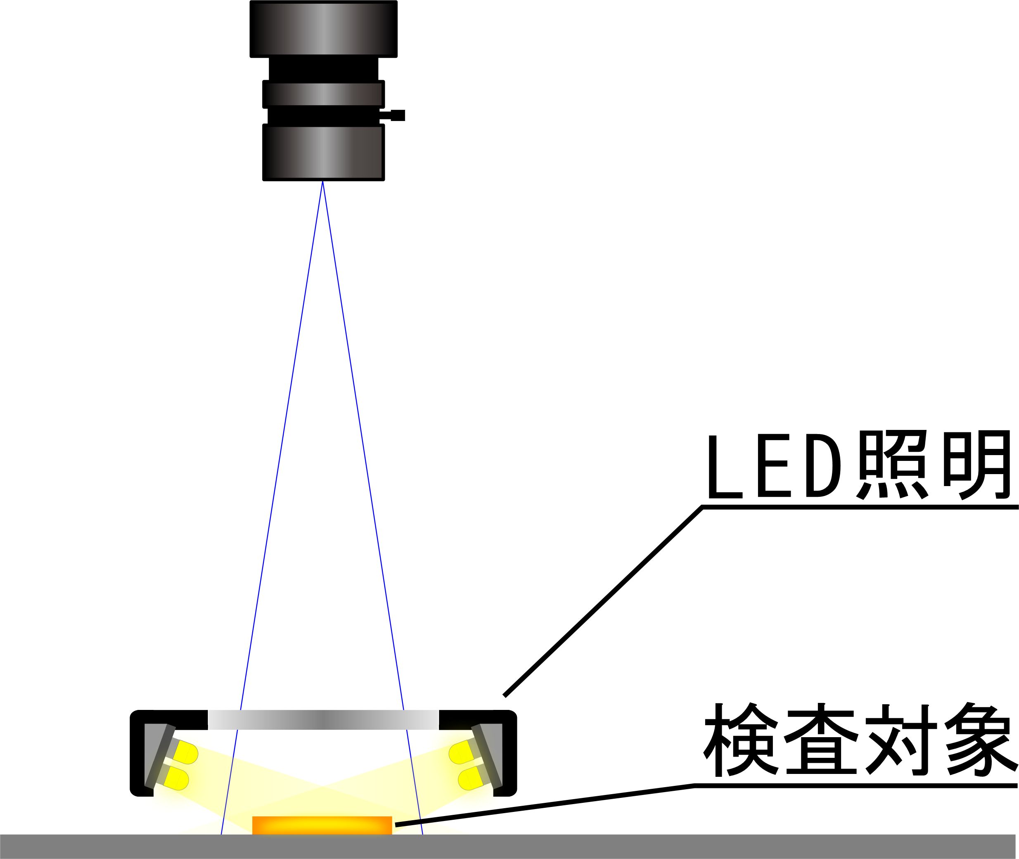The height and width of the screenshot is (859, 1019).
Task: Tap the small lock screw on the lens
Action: tap(397, 115)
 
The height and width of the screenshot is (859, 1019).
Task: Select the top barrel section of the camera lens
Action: tap(323, 29)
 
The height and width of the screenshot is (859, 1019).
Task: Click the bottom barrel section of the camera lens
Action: tap(323, 152)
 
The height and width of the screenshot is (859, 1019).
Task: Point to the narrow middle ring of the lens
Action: tap(323, 94)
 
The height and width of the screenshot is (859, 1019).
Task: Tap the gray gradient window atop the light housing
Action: tap(323, 720)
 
